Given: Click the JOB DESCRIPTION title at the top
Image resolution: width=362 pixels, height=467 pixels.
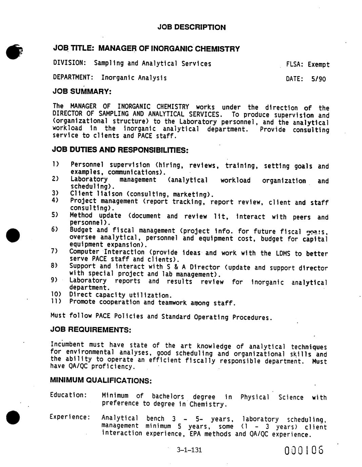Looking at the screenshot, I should pyautogui.click(x=192, y=27).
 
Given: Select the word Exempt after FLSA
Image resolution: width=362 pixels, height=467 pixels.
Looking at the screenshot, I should pyautogui.click(x=319, y=65).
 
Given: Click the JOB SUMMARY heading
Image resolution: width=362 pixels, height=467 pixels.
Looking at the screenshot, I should pyautogui.click(x=82, y=91).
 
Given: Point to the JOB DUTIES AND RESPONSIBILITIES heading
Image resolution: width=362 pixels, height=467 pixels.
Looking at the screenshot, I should pyautogui.click(x=120, y=150).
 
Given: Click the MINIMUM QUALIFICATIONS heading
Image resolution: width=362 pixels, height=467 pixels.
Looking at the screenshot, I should pyautogui.click(x=101, y=380).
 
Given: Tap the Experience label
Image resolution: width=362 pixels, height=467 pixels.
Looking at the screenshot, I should pyautogui.click(x=70, y=417).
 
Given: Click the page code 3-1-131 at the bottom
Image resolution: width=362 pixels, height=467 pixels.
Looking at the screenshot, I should pyautogui.click(x=189, y=450).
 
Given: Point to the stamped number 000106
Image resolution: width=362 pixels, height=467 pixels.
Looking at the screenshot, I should pyautogui.click(x=304, y=451).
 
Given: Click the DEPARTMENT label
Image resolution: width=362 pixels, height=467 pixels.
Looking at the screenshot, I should pyautogui.click(x=73, y=77).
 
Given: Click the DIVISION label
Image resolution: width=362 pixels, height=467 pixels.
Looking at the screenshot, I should pyautogui.click(x=69, y=63).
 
